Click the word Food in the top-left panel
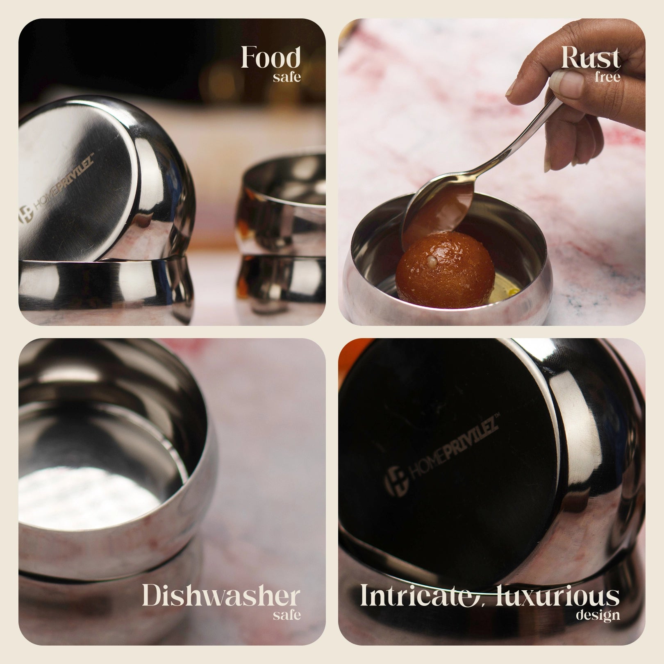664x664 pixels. tap(271, 57)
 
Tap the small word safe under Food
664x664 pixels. tap(287, 77)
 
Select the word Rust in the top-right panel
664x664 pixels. tap(591, 57)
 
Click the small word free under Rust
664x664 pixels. tap(608, 77)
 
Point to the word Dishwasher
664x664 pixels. tap(221, 596)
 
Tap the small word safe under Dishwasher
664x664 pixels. tap(287, 615)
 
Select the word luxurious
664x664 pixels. tap(557, 596)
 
